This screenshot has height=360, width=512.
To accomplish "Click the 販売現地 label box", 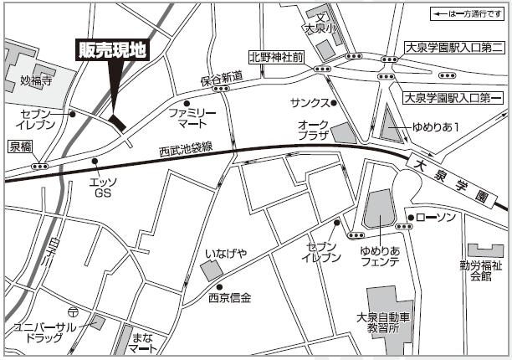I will pos(111,51).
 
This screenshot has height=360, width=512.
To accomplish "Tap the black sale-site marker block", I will pos(118,121).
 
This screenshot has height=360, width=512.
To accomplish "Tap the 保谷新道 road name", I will pos(221,78).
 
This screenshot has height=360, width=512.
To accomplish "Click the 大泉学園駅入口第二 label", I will pos(453,48).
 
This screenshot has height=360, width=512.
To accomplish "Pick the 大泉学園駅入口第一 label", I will pos(453,97).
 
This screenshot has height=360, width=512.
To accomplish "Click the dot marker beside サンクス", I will pos(333,103).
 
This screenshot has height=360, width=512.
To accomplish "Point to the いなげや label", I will pos(223,251).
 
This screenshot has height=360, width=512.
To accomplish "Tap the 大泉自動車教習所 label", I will pos(383,323).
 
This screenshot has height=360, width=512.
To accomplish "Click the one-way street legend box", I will pos(467,14).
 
